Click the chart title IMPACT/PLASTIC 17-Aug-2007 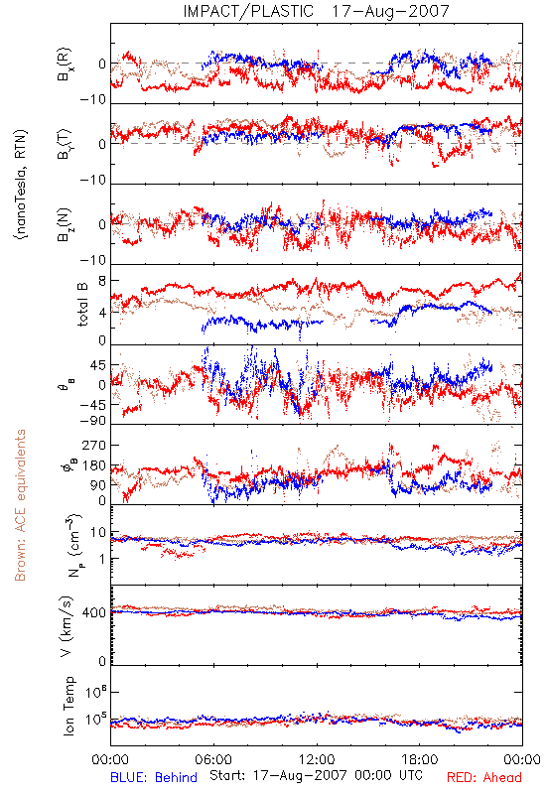(x=316, y=11)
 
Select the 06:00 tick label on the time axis (x=213, y=759)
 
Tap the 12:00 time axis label (x=317, y=759)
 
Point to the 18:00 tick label (x=420, y=759)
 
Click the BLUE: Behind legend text (x=154, y=777)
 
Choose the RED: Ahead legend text (x=484, y=777)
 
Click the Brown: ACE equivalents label (x=20, y=505)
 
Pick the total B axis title (x=82, y=305)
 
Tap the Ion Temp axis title (x=68, y=706)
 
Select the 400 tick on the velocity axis (x=94, y=613)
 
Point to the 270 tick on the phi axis (x=94, y=445)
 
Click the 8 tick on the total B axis (x=102, y=281)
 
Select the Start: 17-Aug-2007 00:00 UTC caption (x=316, y=775)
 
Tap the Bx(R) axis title (x=65, y=65)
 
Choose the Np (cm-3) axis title (x=73, y=545)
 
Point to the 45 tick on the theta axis (x=98, y=365)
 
